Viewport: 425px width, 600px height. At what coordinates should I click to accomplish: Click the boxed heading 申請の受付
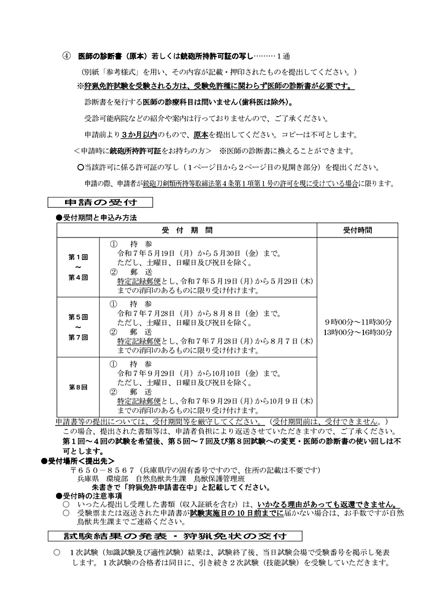100,203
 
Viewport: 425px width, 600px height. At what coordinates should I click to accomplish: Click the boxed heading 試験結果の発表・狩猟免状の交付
175,535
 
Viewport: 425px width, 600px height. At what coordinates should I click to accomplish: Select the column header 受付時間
357,230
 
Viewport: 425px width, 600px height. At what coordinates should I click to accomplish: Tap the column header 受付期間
187,230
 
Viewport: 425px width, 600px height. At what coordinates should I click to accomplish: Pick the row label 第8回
78,387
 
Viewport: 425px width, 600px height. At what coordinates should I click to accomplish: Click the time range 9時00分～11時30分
357,322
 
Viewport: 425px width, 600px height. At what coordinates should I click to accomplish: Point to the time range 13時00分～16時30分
357,332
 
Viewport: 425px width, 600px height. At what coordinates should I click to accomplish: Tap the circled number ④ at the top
66,55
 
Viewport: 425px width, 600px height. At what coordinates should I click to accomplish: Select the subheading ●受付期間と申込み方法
96,218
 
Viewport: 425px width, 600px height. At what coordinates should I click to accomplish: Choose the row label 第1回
78,257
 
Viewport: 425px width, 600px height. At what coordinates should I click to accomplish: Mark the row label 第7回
78,337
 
